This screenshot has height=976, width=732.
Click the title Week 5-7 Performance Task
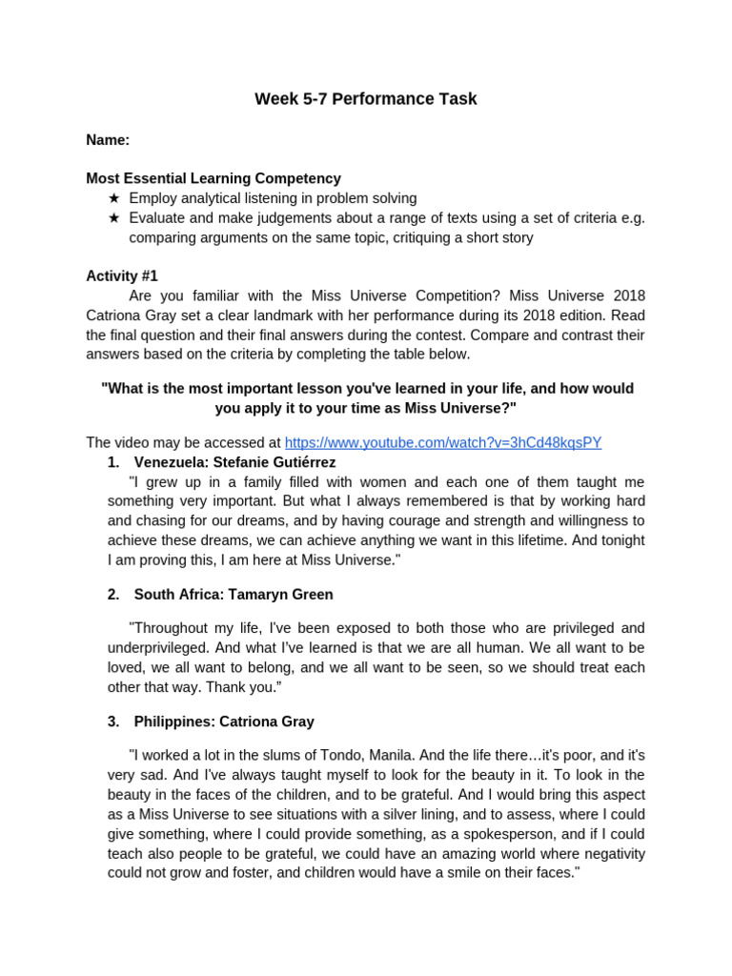coord(366,99)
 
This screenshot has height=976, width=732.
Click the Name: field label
coord(108,140)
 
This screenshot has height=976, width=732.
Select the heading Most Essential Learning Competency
coord(213,178)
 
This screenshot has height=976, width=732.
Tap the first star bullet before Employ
coord(114,198)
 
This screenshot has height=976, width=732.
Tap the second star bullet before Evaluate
coord(114,218)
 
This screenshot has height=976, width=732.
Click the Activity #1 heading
coord(122,275)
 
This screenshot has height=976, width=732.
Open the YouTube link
coord(443,442)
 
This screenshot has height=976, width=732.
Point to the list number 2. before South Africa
coord(113,595)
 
